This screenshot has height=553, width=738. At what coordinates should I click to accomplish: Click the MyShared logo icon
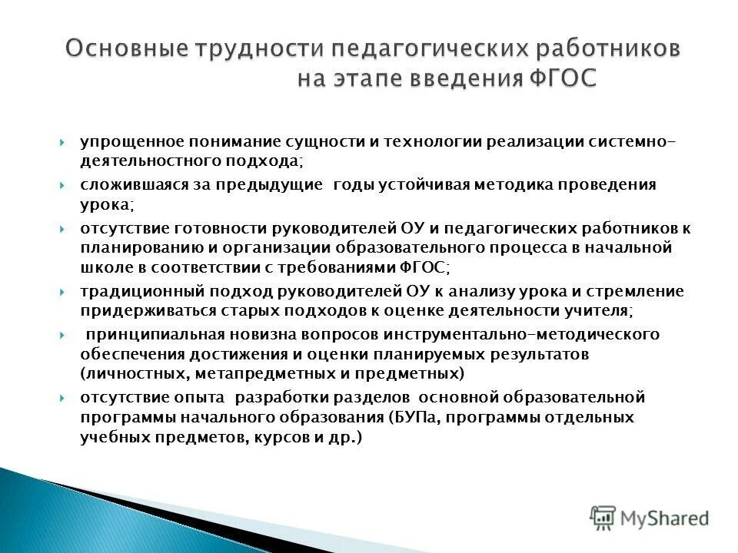coord(603,518)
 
